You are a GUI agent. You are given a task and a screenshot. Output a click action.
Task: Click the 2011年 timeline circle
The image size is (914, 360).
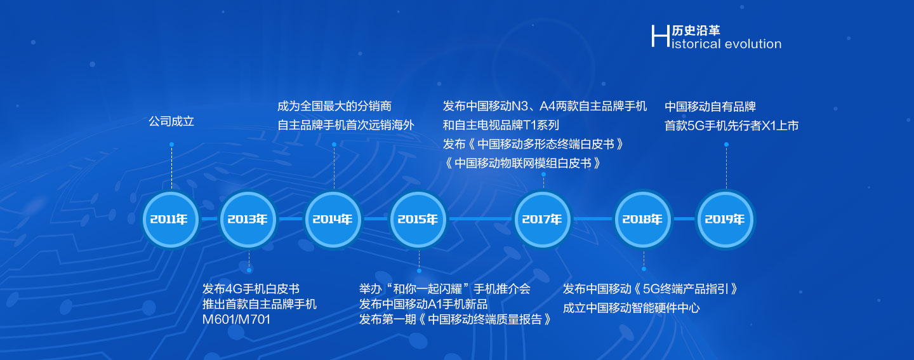pos(171,219)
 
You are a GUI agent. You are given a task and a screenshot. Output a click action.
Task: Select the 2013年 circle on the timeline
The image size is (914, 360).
pos(248,219)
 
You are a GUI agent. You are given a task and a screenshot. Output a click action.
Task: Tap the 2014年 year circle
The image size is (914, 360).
pos(333,219)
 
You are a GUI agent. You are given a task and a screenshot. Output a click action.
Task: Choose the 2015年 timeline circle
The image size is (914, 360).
pos(418,219)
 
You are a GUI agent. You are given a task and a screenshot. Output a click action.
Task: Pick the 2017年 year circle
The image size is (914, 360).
pos(542,219)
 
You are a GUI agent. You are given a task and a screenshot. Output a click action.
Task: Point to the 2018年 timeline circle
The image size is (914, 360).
pos(642,219)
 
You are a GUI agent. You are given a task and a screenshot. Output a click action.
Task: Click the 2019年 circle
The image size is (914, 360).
pos(725,219)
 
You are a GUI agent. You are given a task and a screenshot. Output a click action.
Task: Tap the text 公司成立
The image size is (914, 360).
pos(171,121)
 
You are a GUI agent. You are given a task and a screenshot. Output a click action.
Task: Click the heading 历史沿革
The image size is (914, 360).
pos(696,30)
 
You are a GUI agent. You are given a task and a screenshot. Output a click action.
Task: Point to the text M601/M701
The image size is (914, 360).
pos(236,319)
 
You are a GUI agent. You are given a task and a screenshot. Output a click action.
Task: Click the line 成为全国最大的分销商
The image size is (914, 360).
pos(334,106)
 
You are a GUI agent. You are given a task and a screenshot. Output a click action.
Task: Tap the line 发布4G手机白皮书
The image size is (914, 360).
pos(251,288)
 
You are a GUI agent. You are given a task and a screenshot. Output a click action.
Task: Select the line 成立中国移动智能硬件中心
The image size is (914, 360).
pos(631,308)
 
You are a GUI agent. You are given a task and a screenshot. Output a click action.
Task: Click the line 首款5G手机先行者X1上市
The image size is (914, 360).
pos(731,125)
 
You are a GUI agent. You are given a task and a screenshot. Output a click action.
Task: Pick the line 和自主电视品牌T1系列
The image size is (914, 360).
pos(501,125)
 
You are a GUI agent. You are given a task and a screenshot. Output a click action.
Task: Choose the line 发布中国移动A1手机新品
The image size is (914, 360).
pos(423,304)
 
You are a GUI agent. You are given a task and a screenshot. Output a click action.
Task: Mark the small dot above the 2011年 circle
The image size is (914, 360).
pos(172,145)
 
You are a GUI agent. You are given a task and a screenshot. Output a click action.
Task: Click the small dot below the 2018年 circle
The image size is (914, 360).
pos(644,269)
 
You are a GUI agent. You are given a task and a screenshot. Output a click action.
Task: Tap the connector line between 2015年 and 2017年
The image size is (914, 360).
pos(480,219)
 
